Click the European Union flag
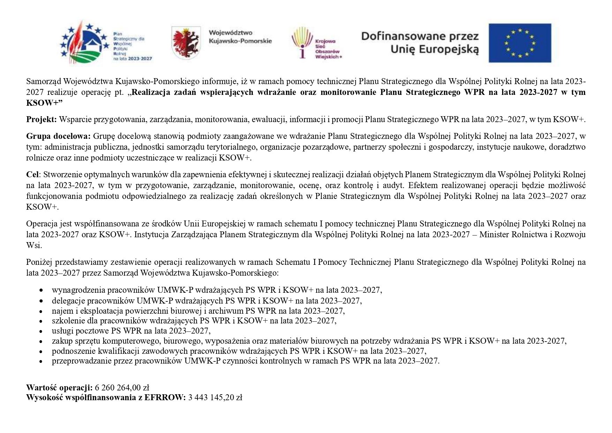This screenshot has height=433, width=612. (520, 43)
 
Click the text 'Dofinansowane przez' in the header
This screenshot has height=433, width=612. (420, 36)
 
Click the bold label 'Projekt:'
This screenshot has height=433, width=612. (41, 120)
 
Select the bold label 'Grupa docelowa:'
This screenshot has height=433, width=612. (58, 136)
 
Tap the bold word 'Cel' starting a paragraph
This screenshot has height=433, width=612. (33, 174)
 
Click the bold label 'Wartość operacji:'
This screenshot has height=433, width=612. (59, 387)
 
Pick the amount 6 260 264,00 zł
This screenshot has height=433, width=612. (122, 387)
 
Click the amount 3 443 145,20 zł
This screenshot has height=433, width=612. (215, 397)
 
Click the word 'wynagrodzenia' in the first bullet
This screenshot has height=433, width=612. (78, 290)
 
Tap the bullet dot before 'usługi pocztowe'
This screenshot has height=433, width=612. (41, 331)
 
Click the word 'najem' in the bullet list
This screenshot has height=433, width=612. (62, 311)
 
